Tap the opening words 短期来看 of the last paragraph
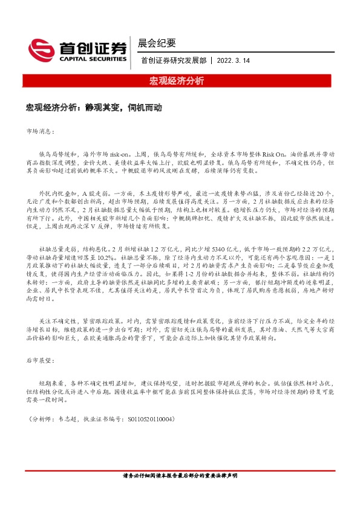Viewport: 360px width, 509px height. pyautogui.click(x=51, y=383)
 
